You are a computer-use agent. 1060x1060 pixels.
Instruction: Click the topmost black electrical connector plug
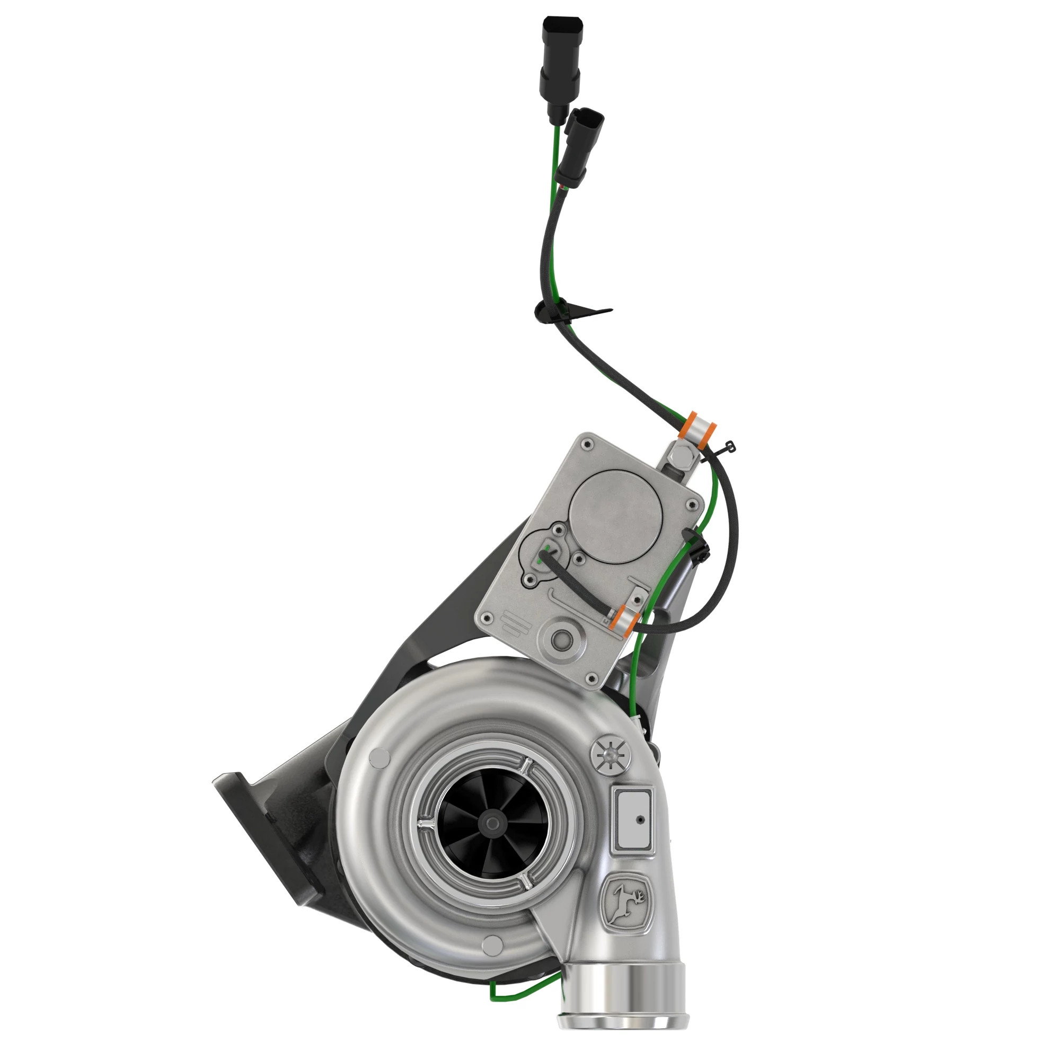click(561, 60)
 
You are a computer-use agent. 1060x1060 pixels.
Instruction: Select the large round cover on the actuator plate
click(616, 516)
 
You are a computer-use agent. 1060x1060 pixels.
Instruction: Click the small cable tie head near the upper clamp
click(730, 446)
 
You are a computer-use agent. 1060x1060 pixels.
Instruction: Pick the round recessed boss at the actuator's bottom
click(561, 638)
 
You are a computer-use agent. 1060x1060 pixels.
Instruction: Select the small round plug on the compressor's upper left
click(377, 759)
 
